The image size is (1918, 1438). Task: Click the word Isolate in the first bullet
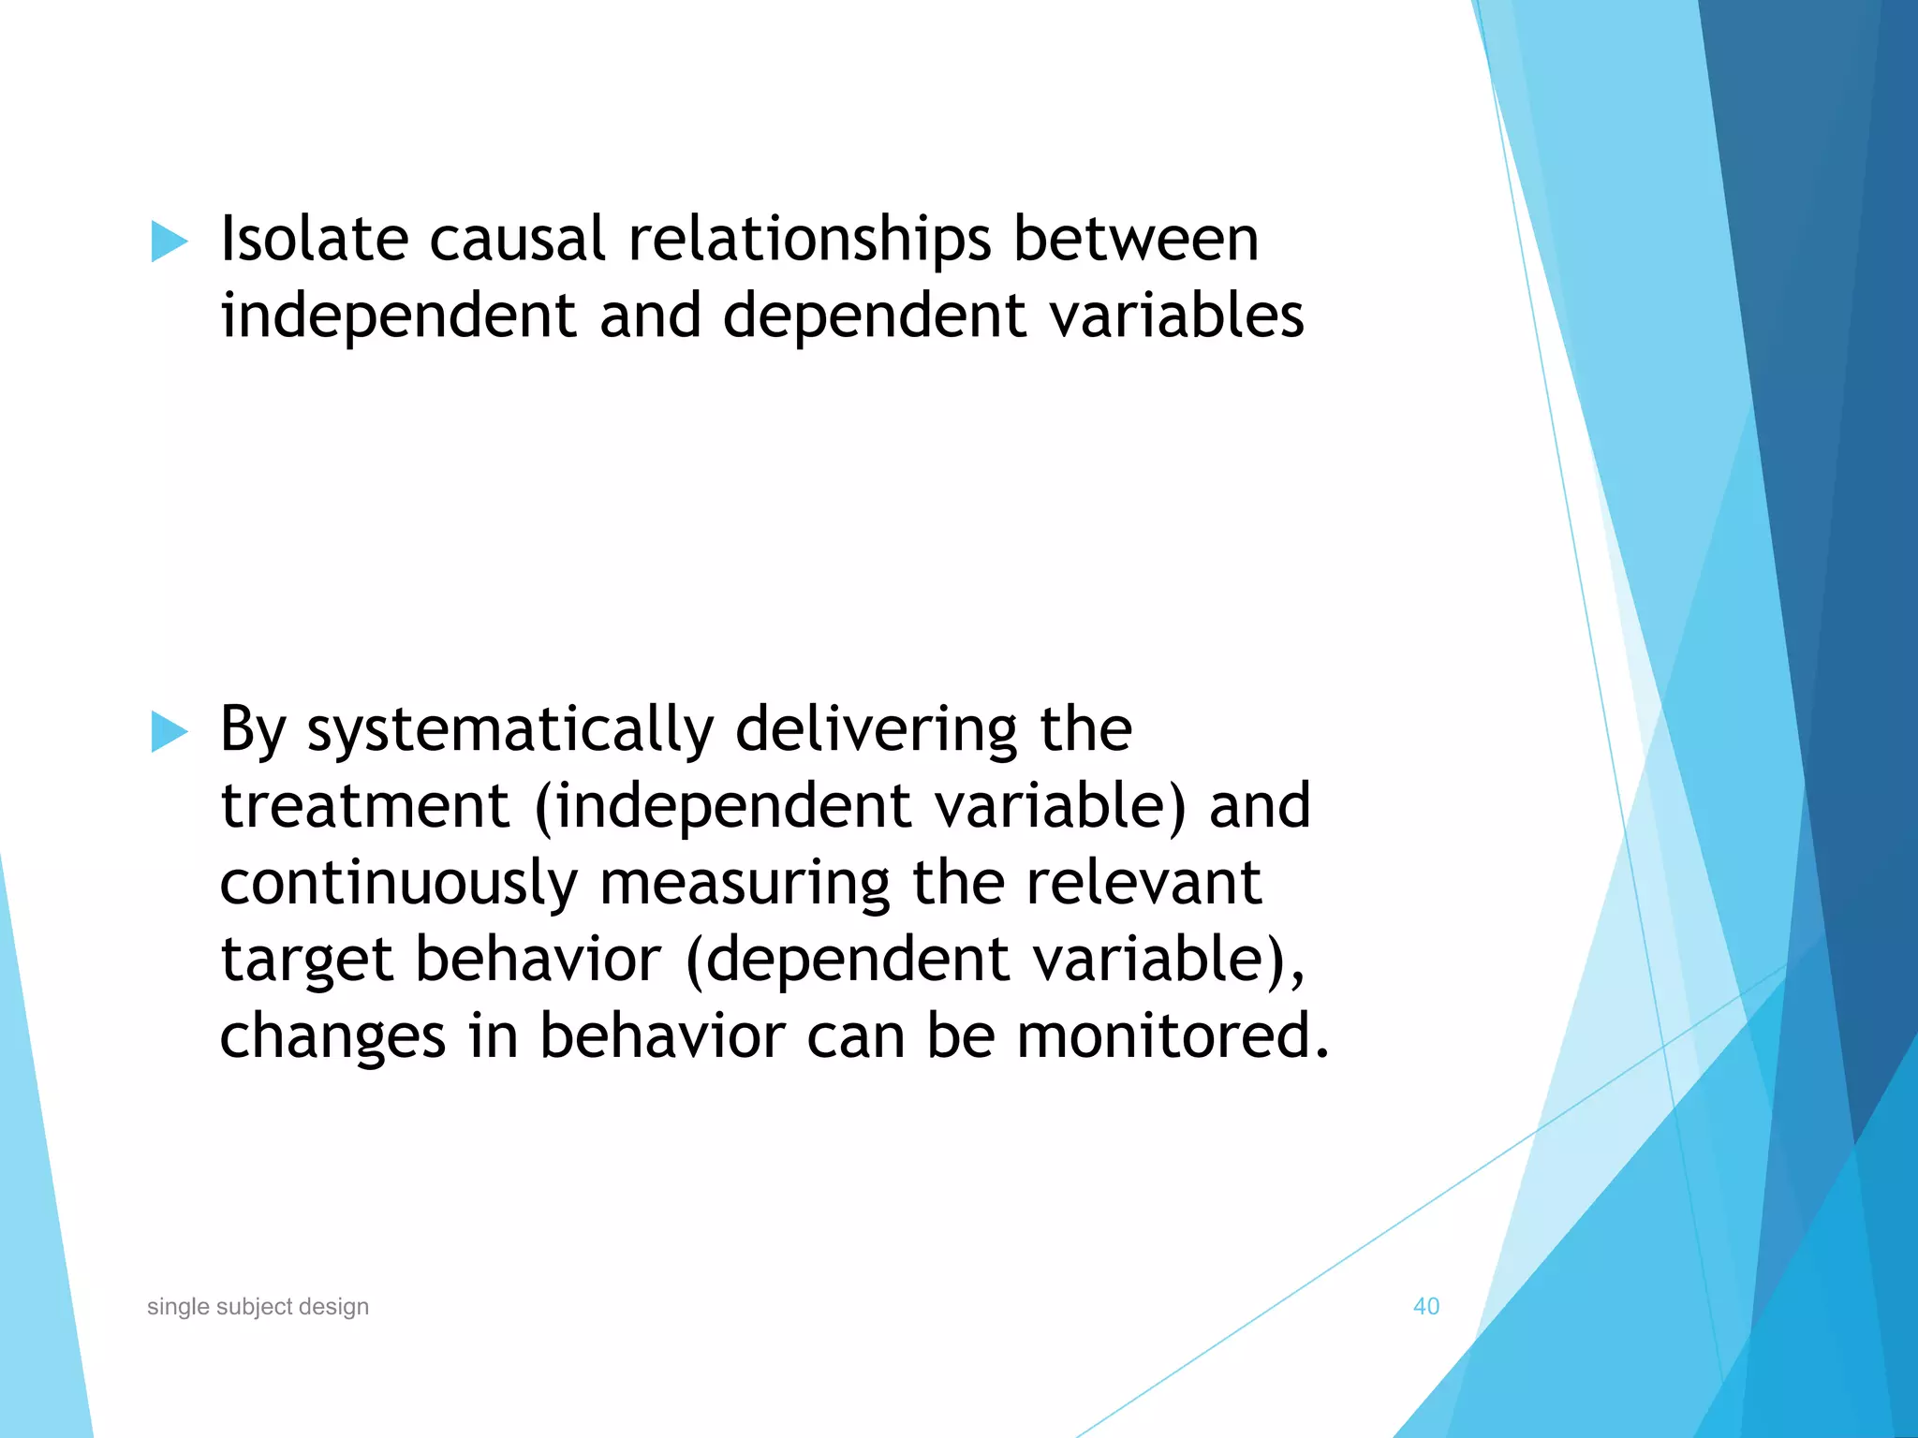314,239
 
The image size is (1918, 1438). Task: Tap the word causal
517,239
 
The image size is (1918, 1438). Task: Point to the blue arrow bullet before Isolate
169,242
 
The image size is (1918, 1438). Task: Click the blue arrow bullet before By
169,731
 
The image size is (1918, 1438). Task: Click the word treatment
364,806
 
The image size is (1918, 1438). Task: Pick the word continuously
399,885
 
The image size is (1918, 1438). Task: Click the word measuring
744,885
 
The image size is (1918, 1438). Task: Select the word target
306,961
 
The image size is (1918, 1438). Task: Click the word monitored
1173,1036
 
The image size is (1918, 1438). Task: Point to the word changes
332,1038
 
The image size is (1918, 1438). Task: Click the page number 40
1425,1306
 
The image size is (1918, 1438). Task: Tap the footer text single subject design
258,1306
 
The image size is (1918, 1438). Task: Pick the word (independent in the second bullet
722,808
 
